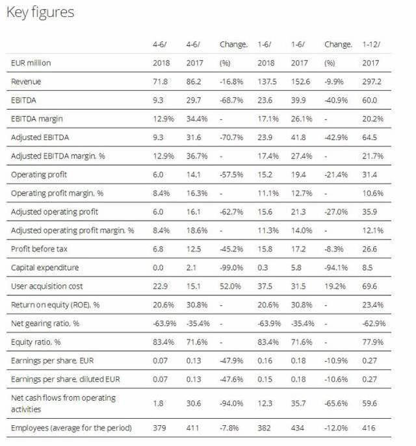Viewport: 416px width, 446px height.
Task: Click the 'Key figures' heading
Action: point(40,12)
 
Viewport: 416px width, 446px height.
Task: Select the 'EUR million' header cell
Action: point(31,63)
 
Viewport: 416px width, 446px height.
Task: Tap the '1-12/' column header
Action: point(371,45)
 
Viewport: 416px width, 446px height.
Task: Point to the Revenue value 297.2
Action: point(371,82)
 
